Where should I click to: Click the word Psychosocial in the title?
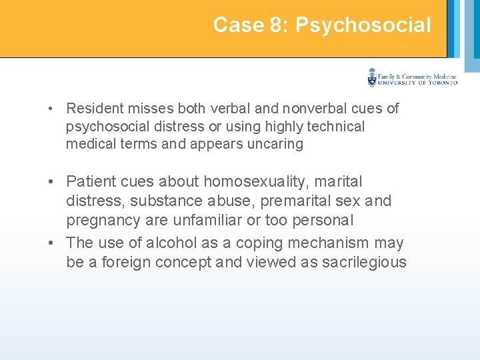(x=363, y=25)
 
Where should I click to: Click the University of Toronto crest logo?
(x=372, y=78)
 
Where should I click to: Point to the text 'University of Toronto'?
(x=417, y=83)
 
